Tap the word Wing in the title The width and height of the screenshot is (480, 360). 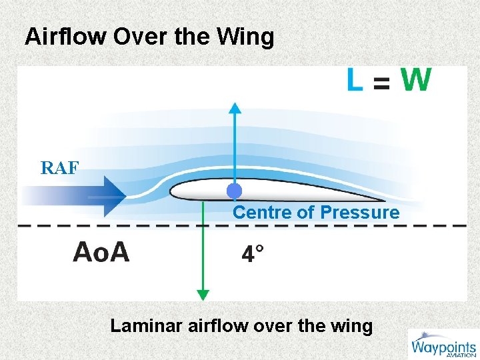point(249,37)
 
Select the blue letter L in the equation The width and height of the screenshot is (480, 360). point(355,81)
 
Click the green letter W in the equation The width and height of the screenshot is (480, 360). point(416,81)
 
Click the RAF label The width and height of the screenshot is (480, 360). point(59,168)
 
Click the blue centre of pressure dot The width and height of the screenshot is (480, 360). point(234,191)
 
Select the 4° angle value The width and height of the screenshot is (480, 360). point(252,254)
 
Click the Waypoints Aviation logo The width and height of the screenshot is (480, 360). point(442,345)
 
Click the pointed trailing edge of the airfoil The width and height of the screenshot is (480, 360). point(383,199)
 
